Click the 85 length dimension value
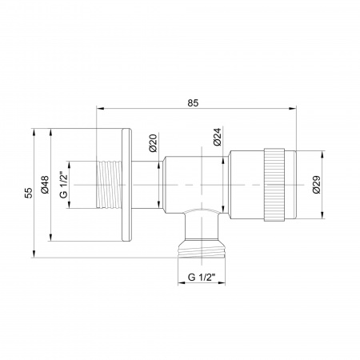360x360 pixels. pos(193,102)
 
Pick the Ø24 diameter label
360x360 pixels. pos(218,138)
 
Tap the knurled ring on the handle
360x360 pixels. pos(271,184)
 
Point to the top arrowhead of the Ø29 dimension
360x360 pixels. pos(324,152)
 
